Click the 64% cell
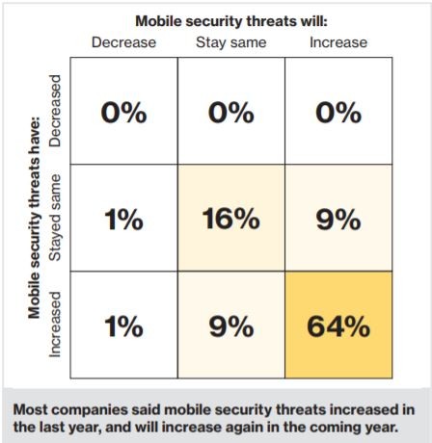point(338,325)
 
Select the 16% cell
point(231,218)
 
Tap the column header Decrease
point(123,42)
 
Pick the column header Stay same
point(231,42)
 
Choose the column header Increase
point(338,42)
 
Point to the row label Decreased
point(55,111)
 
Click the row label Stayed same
point(55,218)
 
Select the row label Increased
point(55,325)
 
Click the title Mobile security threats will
point(231,21)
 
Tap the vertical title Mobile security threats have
point(35,218)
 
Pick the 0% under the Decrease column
point(123,113)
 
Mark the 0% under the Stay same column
point(231,113)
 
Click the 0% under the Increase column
point(338,113)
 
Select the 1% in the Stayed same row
point(123,220)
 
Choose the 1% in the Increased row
point(123,326)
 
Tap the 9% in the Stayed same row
point(338,220)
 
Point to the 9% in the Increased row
point(231,326)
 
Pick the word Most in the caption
point(29,409)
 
